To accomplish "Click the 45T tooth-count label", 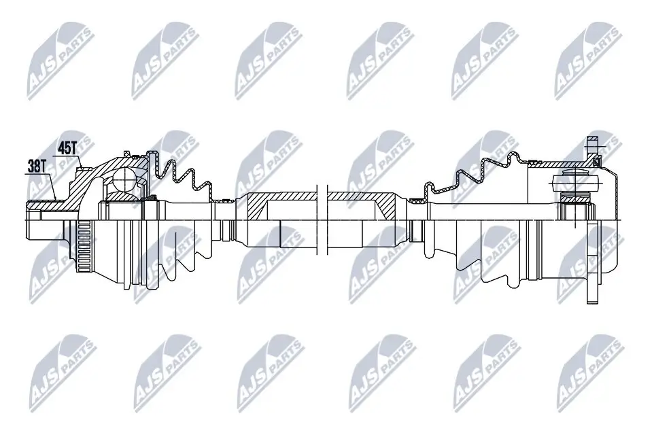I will tap(67, 146).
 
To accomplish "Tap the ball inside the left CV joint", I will tap(126, 179).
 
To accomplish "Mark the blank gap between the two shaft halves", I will tap(322, 217).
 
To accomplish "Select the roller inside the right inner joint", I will tap(574, 181).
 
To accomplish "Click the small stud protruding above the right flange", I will tap(591, 146).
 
